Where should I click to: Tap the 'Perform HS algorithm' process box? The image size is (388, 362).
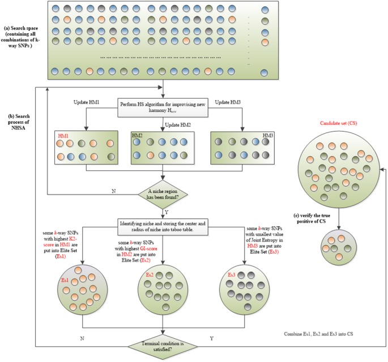click(163, 107)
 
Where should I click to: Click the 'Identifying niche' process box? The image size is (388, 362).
click(163, 225)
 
